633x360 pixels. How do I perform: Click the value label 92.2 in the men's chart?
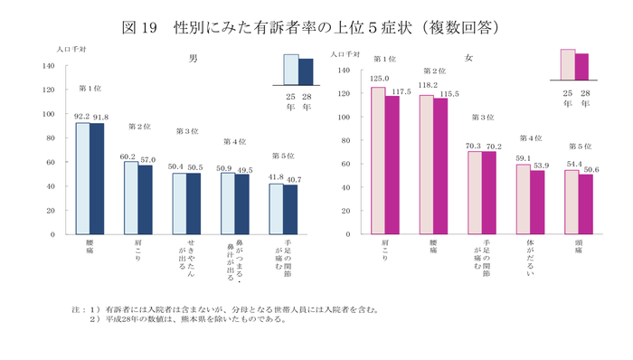[80, 117]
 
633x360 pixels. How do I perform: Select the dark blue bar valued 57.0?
[146, 200]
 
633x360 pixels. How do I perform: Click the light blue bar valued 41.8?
[276, 209]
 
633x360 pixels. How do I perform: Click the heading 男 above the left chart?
[194, 58]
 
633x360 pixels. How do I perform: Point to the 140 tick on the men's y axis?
[47, 67]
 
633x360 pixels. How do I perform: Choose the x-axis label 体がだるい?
[530, 257]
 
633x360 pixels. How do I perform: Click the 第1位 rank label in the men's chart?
[90, 88]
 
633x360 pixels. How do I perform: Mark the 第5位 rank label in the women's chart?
[580, 147]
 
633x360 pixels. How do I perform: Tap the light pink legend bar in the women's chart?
[567, 65]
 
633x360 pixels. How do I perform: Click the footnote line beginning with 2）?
[190, 318]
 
